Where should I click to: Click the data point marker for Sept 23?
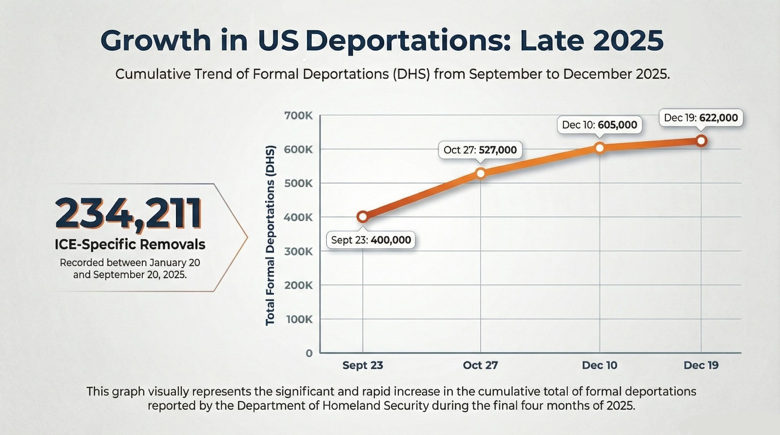pyautogui.click(x=362, y=217)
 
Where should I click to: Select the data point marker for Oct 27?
pyautogui.click(x=480, y=173)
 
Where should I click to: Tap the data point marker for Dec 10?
pyautogui.click(x=600, y=148)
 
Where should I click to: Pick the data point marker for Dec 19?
pyautogui.click(x=701, y=141)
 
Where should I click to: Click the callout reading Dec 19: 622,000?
pyautogui.click(x=701, y=118)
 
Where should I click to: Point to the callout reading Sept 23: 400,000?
pyautogui.click(x=370, y=240)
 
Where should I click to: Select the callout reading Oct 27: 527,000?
pyautogui.click(x=480, y=150)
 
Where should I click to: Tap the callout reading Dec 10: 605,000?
pyautogui.click(x=599, y=125)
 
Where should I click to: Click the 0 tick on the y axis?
pyautogui.click(x=309, y=354)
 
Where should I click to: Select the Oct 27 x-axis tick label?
pyautogui.click(x=480, y=365)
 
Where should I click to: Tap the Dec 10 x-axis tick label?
pyautogui.click(x=599, y=365)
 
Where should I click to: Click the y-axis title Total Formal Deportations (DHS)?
pyautogui.click(x=271, y=235)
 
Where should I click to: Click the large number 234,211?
pyautogui.click(x=129, y=213)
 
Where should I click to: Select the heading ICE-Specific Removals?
pyautogui.click(x=130, y=245)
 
